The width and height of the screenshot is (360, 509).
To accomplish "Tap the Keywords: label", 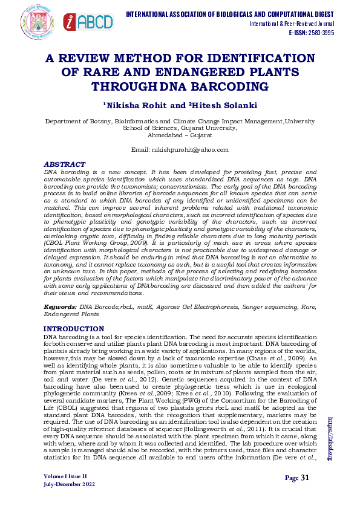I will click(61, 307).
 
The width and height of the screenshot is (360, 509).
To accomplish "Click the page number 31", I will click(305, 478).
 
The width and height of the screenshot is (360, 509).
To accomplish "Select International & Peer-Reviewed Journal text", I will click(292, 24).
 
